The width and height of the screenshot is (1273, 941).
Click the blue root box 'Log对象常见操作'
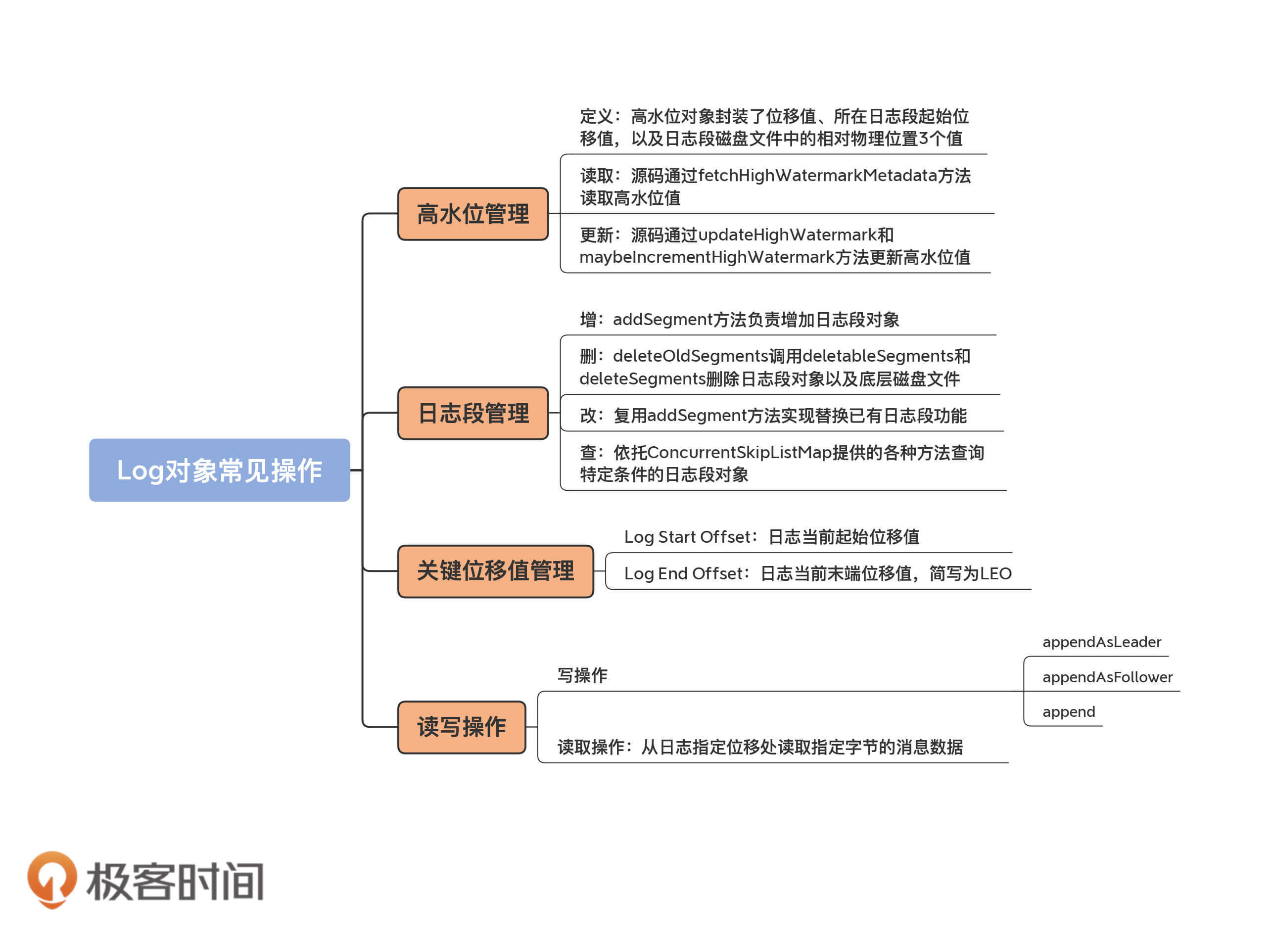(219, 470)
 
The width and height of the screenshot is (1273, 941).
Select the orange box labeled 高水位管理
(473, 214)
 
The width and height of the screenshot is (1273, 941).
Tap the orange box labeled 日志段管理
(473, 414)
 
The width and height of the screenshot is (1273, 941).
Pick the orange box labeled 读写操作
(461, 727)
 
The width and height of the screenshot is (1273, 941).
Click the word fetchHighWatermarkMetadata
(817, 176)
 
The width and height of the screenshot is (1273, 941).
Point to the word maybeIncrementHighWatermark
(707, 257)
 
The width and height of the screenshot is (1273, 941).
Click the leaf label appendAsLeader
(1101, 643)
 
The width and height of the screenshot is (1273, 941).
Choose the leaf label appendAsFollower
(1107, 677)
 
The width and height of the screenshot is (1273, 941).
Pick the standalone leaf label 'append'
(1069, 712)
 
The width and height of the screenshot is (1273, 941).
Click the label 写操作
(582, 675)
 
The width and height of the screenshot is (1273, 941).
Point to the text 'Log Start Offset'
(687, 537)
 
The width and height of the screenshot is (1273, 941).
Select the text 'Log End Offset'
(683, 573)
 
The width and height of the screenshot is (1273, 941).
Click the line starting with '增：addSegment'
(739, 320)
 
